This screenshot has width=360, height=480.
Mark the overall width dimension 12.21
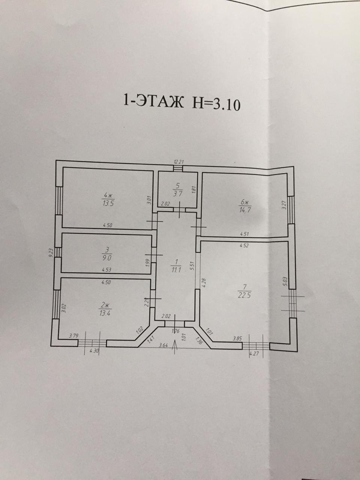click(x=178, y=162)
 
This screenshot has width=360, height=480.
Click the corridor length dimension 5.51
click(x=192, y=265)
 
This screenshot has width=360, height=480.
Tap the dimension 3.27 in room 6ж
click(x=284, y=205)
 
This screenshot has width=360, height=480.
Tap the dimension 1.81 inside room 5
click(x=193, y=190)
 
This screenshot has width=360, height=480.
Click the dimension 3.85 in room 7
click(x=237, y=339)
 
